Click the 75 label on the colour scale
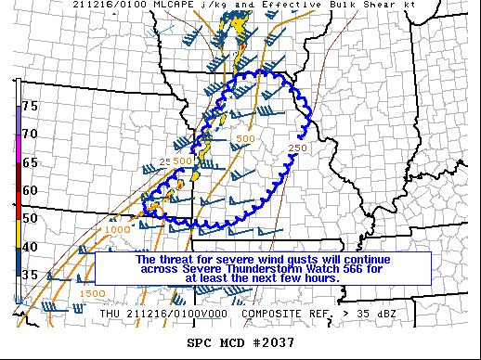[30, 107]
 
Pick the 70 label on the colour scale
[30, 134]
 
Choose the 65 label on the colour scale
[30, 161]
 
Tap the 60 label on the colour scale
[30, 190]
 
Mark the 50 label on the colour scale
[30, 218]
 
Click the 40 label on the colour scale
[30, 247]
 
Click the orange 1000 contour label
[118, 230]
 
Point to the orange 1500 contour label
[92, 293]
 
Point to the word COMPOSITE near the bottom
[274, 314]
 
